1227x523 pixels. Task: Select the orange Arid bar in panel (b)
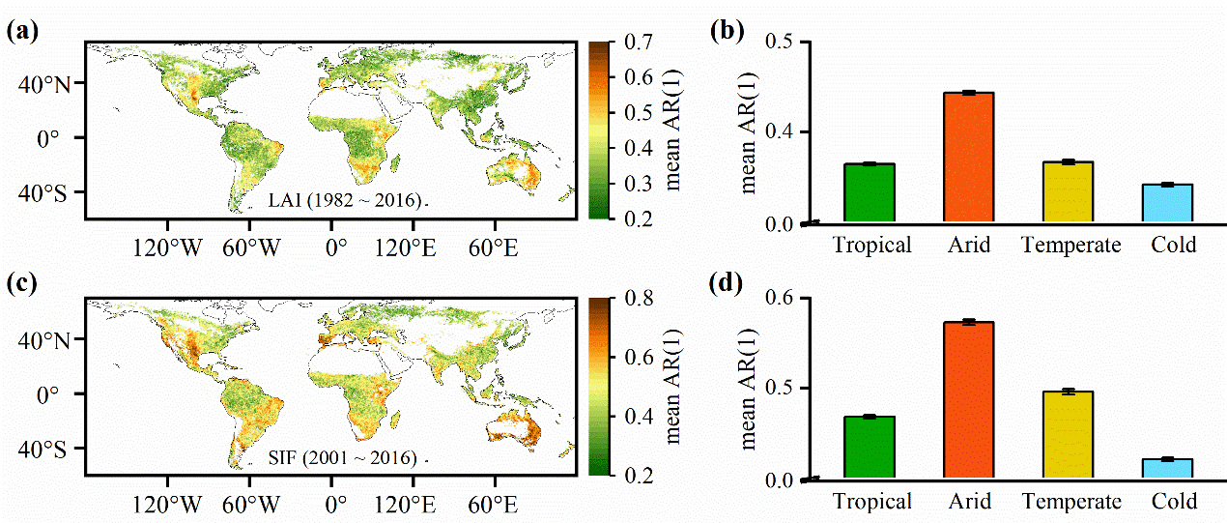(969, 159)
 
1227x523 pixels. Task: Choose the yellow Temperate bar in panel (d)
(1070, 434)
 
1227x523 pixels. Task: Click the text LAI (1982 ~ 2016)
(345, 202)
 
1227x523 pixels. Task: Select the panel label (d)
(727, 285)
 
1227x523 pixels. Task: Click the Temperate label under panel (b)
(1070, 246)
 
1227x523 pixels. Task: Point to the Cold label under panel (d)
(1174, 501)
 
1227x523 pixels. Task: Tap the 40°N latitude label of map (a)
(45, 84)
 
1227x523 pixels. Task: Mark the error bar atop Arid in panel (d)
(969, 322)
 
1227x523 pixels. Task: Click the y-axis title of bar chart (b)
(749, 131)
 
